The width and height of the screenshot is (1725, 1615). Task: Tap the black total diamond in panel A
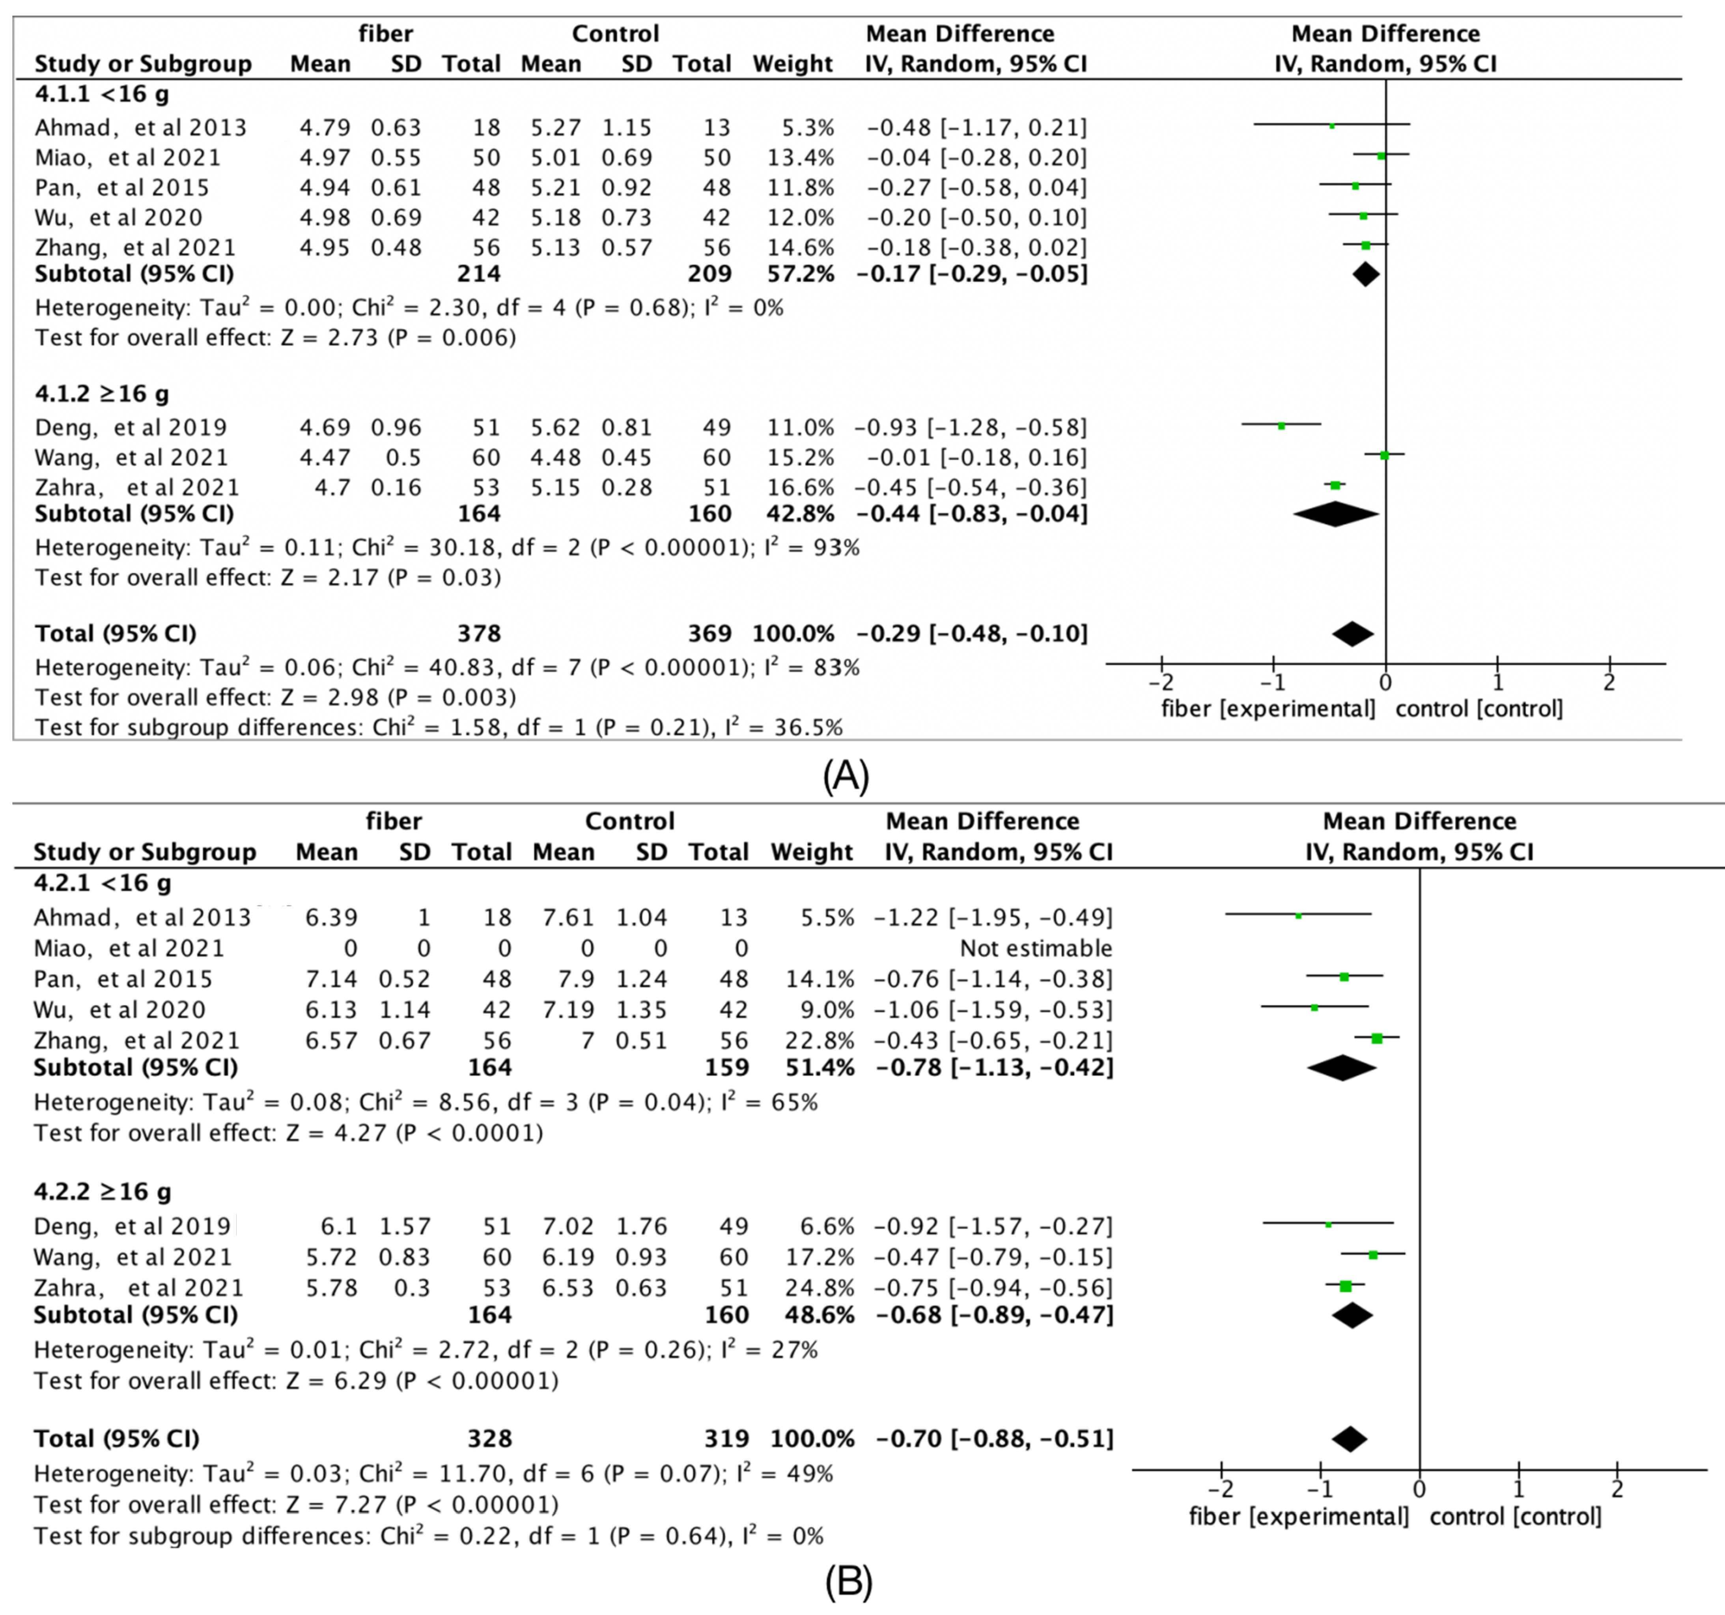click(x=1353, y=634)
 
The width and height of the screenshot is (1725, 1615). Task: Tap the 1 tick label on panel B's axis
click(x=1518, y=1489)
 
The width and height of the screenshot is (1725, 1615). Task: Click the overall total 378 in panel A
click(x=479, y=634)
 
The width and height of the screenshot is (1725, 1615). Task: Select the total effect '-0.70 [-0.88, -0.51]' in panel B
click(x=994, y=1439)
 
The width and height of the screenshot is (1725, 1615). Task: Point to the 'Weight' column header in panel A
click(x=792, y=64)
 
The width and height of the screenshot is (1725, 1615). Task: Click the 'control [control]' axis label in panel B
click(x=1515, y=1517)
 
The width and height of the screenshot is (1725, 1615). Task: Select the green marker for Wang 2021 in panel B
click(x=1373, y=1254)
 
